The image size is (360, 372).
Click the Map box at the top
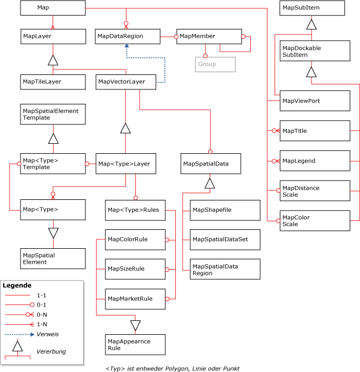pyautogui.click(x=53, y=8)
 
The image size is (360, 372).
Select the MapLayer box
pyautogui.click(x=53, y=36)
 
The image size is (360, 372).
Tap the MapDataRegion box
pyautogui.click(x=127, y=36)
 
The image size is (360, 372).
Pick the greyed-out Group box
pyautogui.click(x=215, y=64)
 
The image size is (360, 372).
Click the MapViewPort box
pyautogui.click(x=315, y=100)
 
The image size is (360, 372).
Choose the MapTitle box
pyautogui.click(x=315, y=131)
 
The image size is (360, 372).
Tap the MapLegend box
pyautogui.click(x=315, y=161)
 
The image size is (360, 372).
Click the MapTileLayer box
pyautogui.click(x=53, y=82)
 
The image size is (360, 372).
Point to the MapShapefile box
pyautogui.click(x=224, y=210)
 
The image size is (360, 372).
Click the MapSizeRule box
pyautogui.click(x=135, y=269)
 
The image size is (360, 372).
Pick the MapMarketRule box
pyautogui.click(x=135, y=299)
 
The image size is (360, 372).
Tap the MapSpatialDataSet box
pyautogui.click(x=224, y=239)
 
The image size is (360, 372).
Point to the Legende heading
pyautogui.click(x=17, y=285)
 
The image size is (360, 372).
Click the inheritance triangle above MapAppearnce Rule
pyautogui.click(x=135, y=325)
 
